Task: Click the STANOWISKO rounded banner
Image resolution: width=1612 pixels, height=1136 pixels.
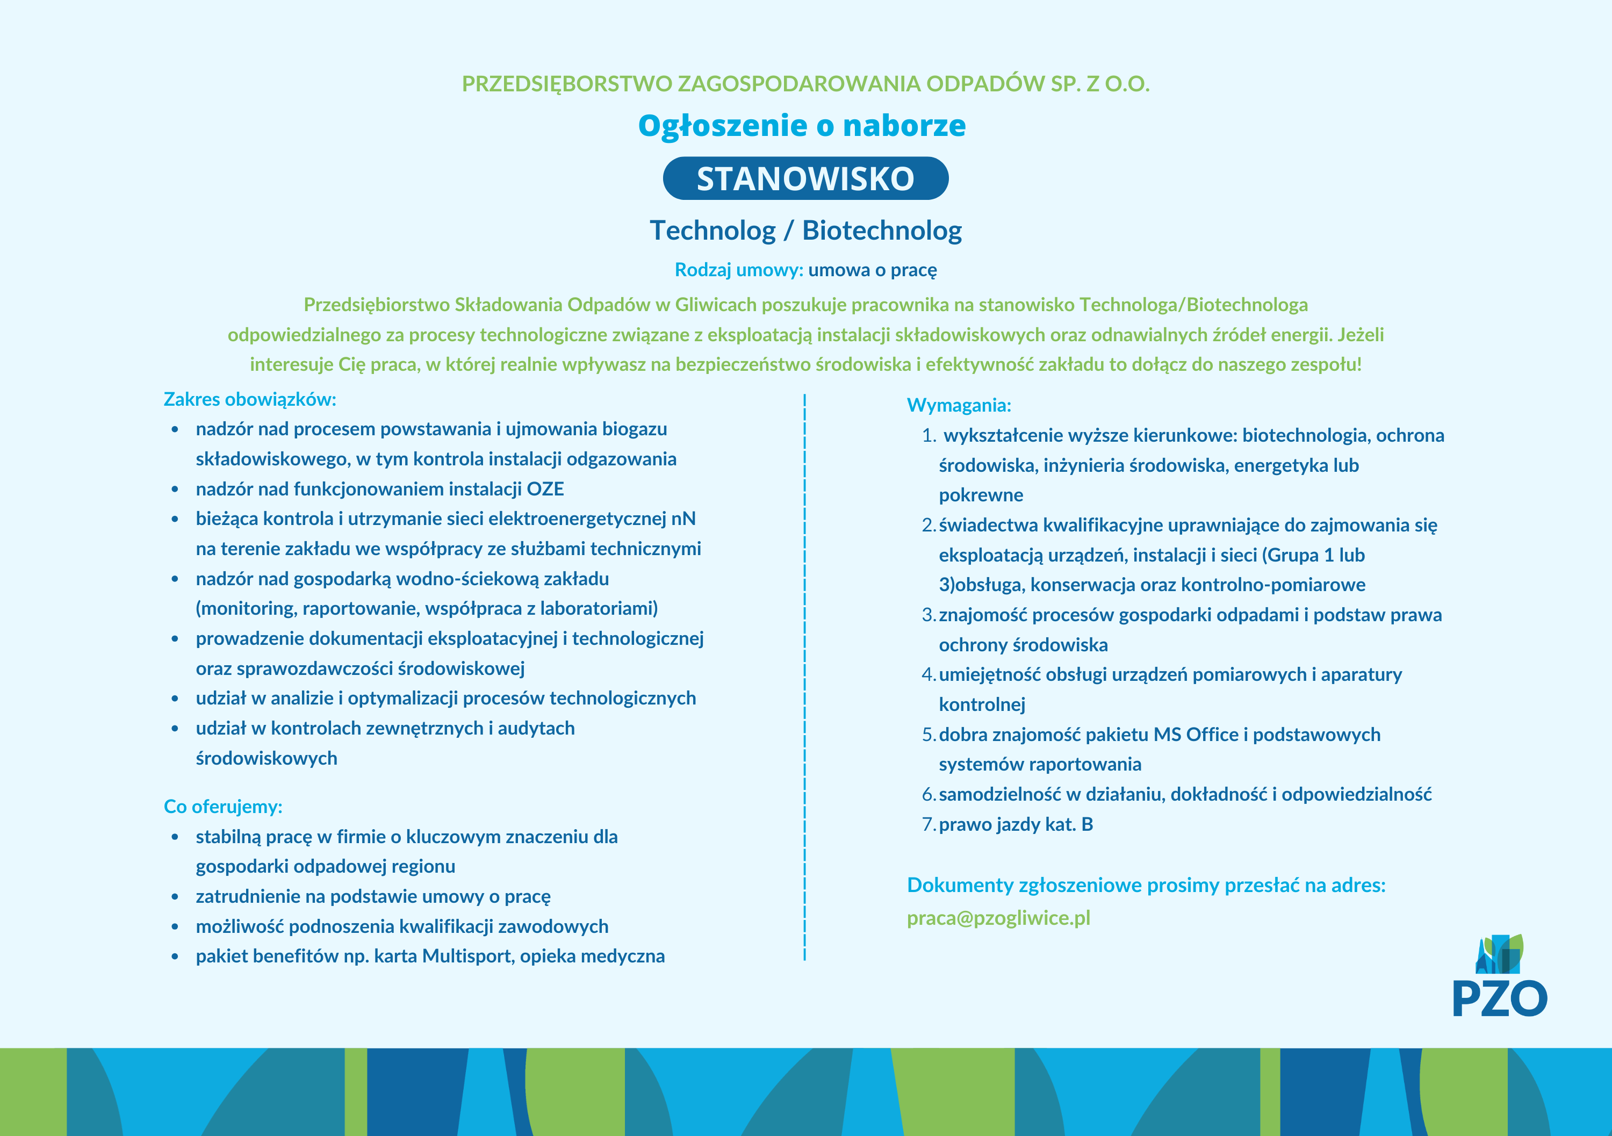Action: tap(805, 178)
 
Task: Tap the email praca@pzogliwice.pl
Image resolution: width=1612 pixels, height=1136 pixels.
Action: tap(998, 918)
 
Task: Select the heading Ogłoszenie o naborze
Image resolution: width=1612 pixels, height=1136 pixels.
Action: tap(802, 126)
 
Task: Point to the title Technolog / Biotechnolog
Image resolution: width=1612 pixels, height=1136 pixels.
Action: tap(805, 231)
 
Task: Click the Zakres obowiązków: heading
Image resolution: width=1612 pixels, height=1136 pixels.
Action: tap(250, 399)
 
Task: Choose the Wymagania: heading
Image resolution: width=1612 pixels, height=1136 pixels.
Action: tap(959, 405)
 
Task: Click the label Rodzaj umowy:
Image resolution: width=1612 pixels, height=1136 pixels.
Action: tap(739, 270)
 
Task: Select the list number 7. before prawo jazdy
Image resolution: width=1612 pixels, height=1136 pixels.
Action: tap(928, 824)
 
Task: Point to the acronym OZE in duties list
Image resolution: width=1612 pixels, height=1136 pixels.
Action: tap(545, 488)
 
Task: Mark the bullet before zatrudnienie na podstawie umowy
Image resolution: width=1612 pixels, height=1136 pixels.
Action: tap(175, 896)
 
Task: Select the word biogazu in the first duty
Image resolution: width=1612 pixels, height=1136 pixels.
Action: tap(635, 429)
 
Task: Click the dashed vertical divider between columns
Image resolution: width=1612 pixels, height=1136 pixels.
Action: tap(804, 674)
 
